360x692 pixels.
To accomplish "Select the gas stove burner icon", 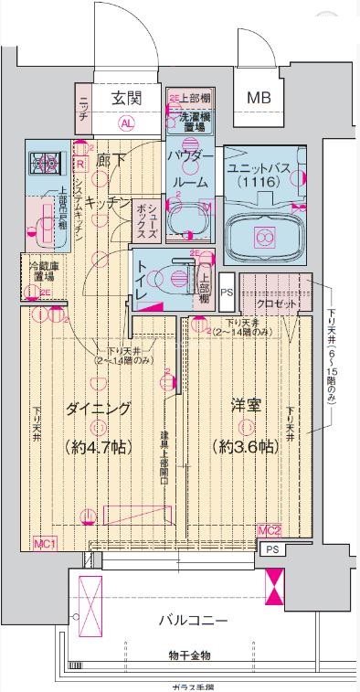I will (44, 163).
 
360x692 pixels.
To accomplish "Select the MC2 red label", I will (268, 529).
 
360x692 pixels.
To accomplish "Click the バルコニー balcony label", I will (192, 621).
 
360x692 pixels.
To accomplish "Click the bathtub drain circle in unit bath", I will (264, 238).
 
